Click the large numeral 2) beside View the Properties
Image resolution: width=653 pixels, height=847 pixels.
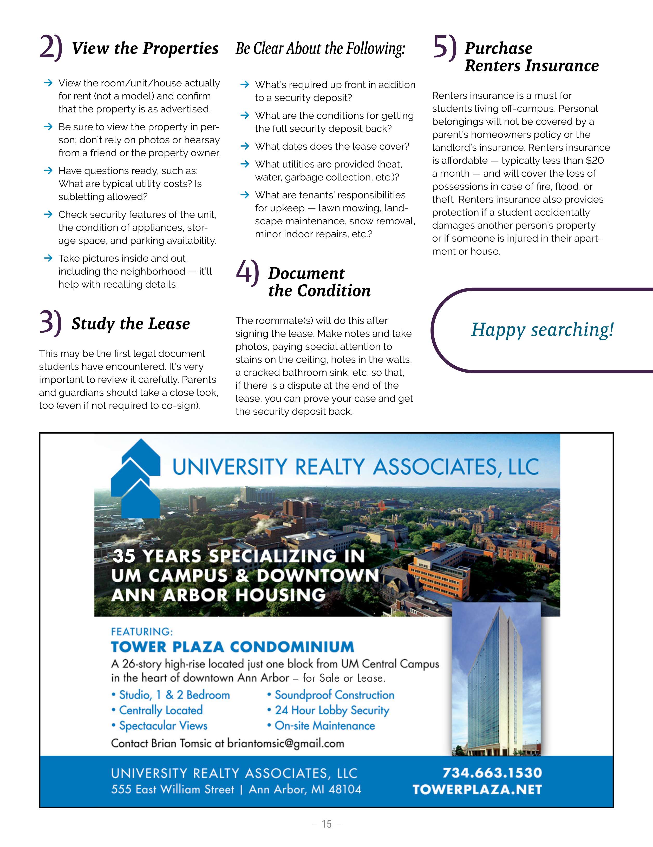coord(50,48)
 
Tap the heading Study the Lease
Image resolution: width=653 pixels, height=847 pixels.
coord(130,324)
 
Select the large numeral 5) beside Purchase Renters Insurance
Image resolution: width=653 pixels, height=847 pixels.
coord(444,48)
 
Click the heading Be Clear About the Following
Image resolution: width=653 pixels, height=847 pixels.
coord(320,49)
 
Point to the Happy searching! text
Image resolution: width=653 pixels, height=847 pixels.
coord(542,330)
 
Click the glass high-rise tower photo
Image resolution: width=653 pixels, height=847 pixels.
coord(496,679)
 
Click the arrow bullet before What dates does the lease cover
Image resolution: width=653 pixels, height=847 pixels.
coord(245,146)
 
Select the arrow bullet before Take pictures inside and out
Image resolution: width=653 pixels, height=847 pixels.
coord(48,258)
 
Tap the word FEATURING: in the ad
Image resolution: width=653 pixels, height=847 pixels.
coord(142,632)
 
